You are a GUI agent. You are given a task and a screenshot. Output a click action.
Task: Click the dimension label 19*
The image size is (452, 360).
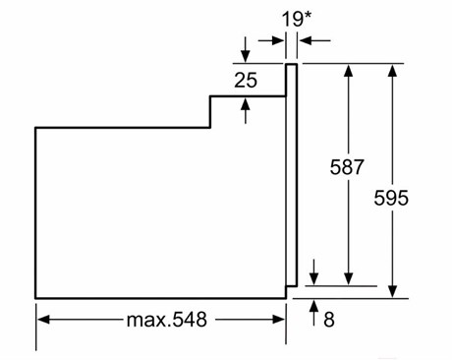click(297, 20)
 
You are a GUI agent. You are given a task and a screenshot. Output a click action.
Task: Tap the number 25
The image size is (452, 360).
click(246, 81)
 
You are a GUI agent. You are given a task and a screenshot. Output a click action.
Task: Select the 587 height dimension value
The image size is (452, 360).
click(347, 167)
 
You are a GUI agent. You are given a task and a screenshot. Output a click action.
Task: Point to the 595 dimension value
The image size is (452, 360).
click(391, 198)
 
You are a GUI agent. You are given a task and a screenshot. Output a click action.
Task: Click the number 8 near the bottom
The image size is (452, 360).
click(329, 320)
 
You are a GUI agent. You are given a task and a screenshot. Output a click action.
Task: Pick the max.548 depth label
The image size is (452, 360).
click(167, 320)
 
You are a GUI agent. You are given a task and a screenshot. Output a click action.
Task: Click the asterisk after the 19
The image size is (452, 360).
click(307, 16)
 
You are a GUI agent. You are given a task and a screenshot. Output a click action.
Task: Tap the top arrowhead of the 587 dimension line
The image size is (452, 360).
click(349, 71)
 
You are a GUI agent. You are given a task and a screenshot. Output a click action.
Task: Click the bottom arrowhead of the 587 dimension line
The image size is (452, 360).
click(349, 278)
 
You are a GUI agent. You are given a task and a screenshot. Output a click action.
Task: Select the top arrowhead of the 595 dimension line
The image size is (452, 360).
click(392, 71)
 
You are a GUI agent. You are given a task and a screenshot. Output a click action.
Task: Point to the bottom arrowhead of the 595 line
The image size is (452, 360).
click(392, 291)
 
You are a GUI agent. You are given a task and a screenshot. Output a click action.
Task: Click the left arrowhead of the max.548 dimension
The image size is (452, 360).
click(43, 320)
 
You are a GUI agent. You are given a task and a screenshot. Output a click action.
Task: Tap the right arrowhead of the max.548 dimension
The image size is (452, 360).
click(278, 320)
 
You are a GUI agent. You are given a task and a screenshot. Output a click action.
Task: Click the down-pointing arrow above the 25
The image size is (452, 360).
click(245, 50)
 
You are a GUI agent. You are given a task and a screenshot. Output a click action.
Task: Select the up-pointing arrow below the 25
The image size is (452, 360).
click(245, 111)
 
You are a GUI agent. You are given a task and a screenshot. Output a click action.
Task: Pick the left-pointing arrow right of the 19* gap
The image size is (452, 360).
click(314, 41)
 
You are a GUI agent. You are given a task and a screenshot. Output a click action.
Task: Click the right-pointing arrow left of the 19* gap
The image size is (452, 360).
click(271, 41)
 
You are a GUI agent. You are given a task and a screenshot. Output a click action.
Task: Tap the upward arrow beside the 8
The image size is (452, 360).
click(313, 313)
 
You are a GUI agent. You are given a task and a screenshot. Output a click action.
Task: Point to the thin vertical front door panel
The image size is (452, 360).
click(291, 175)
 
